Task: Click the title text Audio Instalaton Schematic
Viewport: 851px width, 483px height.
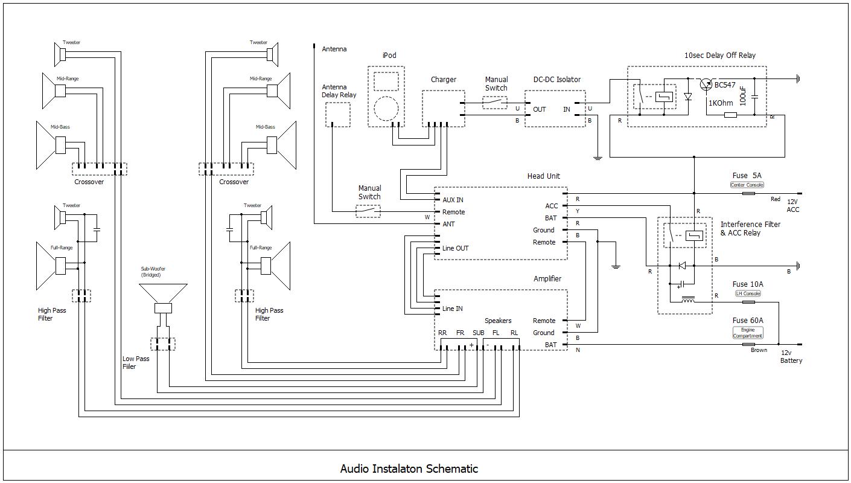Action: coord(409,469)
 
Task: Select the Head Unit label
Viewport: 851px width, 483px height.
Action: coord(543,176)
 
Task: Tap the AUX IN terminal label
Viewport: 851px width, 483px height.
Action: coord(453,200)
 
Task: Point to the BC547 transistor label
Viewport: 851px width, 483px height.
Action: coord(725,85)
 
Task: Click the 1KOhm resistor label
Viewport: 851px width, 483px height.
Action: coord(721,103)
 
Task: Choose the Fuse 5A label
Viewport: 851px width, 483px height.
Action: coord(747,176)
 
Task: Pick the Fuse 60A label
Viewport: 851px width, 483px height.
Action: coord(748,321)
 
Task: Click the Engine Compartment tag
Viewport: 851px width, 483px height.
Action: coord(748,333)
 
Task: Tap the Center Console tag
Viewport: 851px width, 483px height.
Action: coord(747,185)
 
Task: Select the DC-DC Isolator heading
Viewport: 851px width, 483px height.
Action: coord(556,80)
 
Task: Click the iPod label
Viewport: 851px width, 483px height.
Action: coord(389,56)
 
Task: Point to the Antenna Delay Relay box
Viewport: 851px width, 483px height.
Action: coord(338,115)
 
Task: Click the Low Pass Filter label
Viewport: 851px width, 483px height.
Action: coord(135,362)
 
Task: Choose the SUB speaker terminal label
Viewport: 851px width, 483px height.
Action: coord(478,333)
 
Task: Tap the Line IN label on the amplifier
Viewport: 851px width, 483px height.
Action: coord(452,309)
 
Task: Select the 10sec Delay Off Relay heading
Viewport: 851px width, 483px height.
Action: coord(719,56)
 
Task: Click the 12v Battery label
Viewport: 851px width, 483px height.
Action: coord(791,356)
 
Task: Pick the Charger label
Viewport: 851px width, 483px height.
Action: coord(443,80)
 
